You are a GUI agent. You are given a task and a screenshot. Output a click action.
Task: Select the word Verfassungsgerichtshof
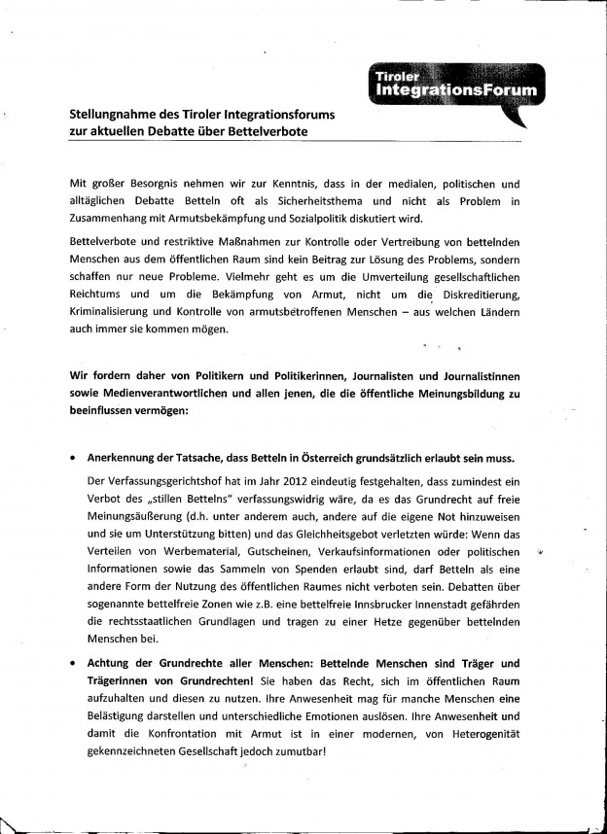coord(161,480)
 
